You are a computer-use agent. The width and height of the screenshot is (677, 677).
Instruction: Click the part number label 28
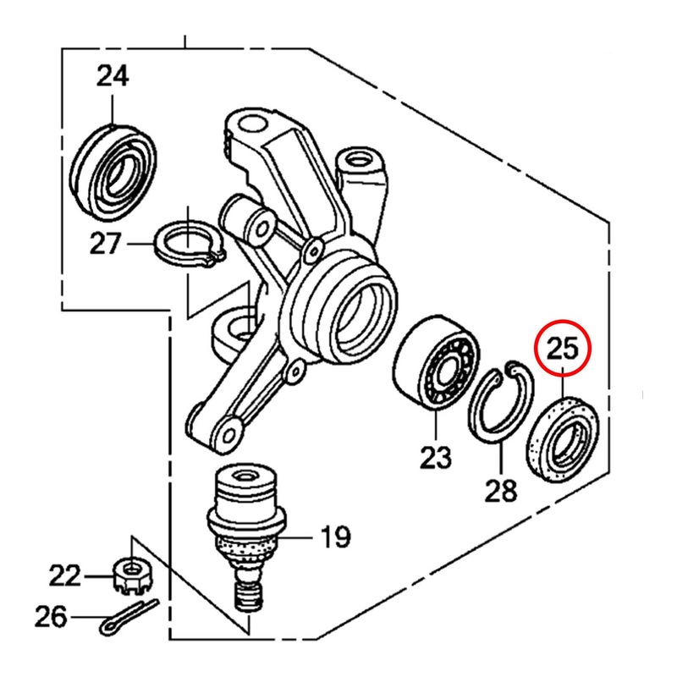[500, 489]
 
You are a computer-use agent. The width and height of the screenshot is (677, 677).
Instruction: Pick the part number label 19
[334, 536]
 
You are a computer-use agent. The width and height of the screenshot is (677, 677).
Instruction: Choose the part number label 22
[64, 577]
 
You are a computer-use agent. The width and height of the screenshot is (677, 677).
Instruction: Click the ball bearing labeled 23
[438, 363]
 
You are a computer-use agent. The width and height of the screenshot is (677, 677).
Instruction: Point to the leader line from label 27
[142, 245]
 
